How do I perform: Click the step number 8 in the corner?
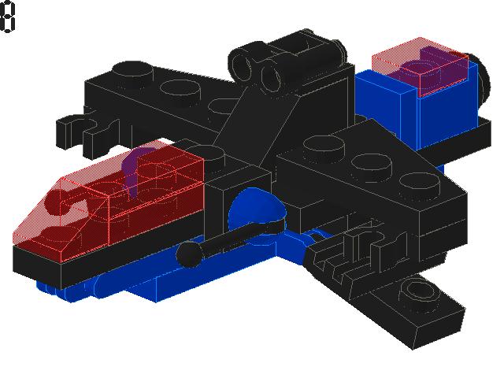click(x=7, y=17)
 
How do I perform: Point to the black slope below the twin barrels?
click(x=264, y=118)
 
